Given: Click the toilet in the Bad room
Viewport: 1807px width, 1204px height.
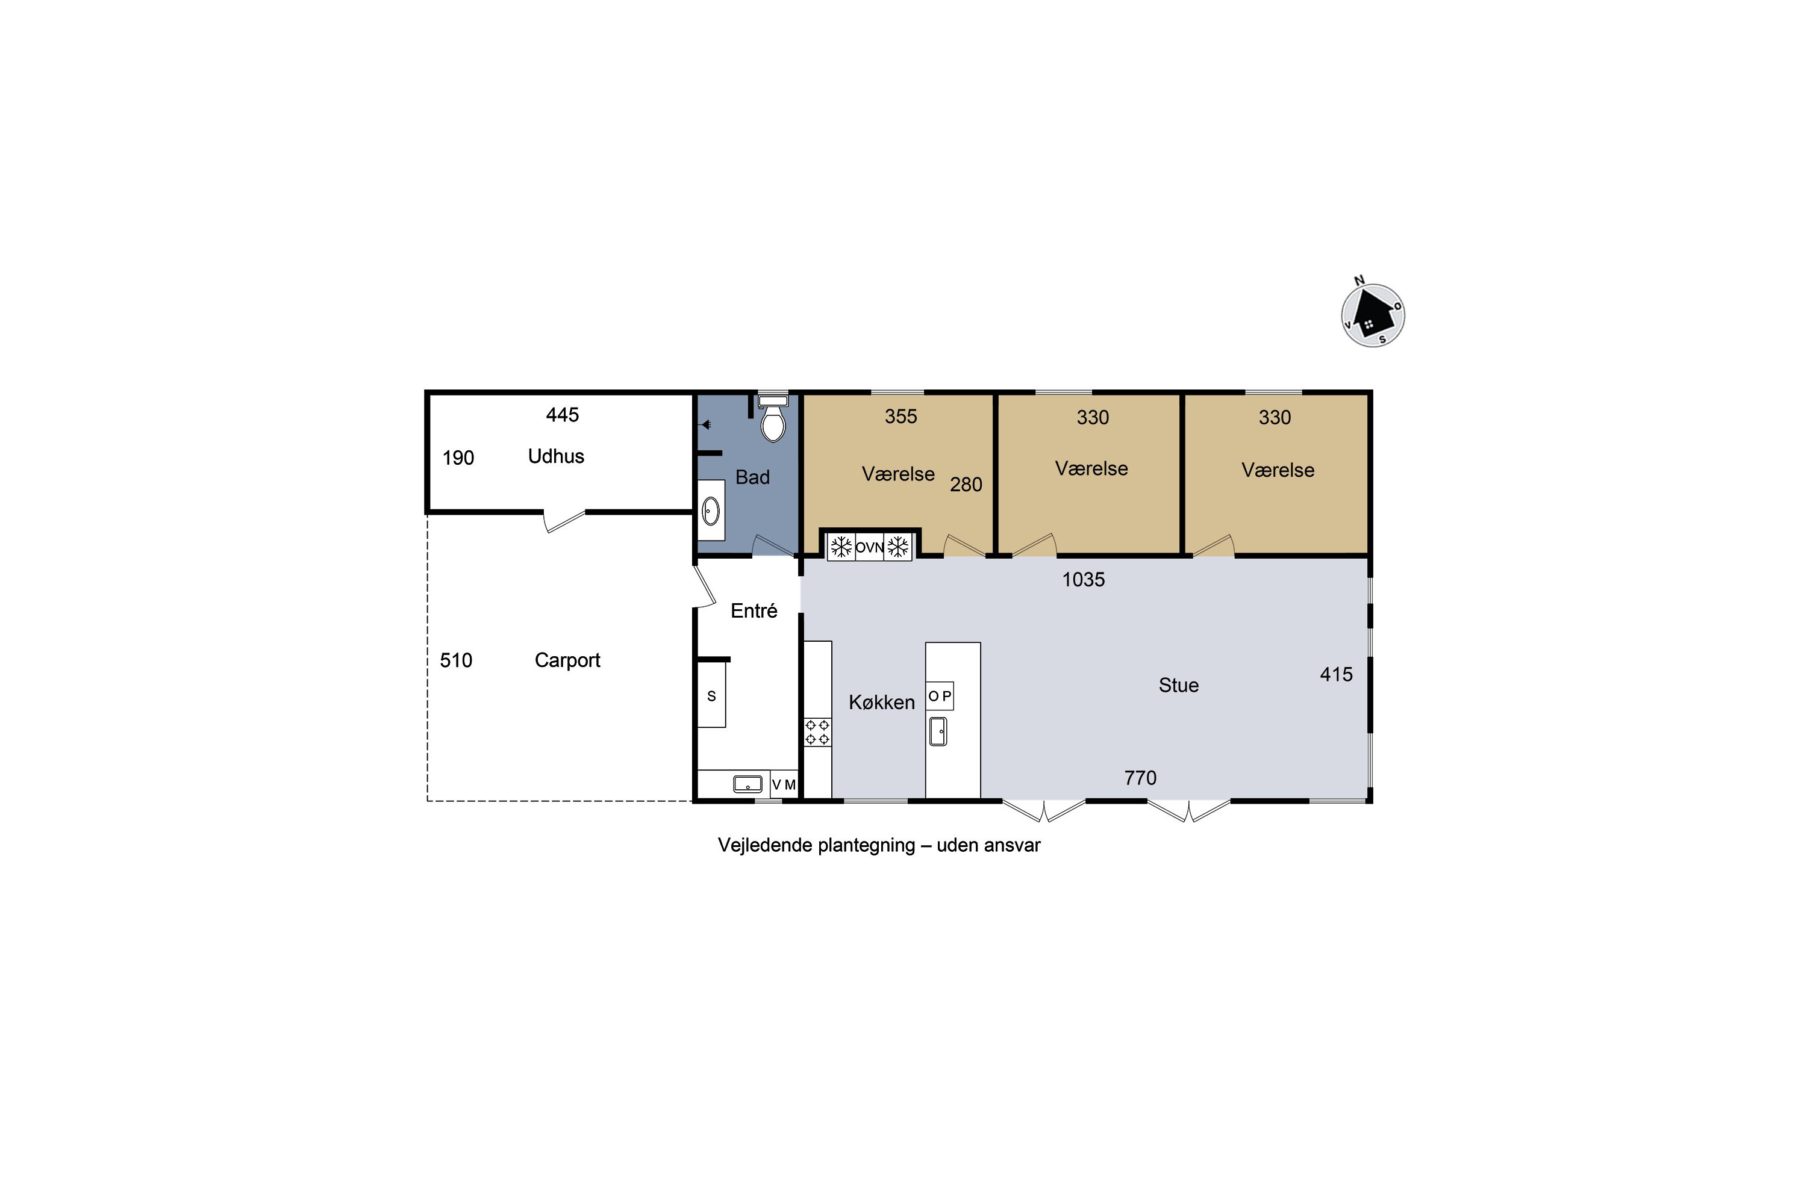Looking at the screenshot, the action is tap(773, 419).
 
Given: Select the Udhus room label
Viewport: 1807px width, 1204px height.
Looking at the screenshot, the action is tap(556, 456).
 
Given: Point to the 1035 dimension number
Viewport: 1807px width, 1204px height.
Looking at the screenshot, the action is tap(1083, 580).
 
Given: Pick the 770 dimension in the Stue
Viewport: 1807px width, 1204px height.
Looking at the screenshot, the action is tap(1140, 778).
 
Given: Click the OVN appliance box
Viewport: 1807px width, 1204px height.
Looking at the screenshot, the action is tap(870, 547).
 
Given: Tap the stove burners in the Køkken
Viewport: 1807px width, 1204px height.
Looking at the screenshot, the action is tap(817, 732).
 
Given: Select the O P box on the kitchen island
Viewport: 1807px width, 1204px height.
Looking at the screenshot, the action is tap(940, 696).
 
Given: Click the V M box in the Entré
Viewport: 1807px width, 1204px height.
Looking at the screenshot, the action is tap(784, 785).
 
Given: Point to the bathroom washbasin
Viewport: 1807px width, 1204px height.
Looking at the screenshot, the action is tap(711, 510).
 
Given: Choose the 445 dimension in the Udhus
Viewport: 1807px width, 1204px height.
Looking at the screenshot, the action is tap(563, 415).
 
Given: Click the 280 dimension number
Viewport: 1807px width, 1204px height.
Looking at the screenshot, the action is tap(966, 485).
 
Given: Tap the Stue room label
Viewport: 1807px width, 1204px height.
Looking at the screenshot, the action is tap(1179, 686).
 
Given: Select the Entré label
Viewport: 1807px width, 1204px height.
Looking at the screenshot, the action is tap(754, 610).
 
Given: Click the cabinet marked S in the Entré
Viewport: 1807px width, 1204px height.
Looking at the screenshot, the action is tap(711, 695).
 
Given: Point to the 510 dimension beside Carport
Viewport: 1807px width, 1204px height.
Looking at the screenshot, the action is tap(455, 660).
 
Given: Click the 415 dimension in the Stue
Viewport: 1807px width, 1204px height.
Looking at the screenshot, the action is tap(1336, 674).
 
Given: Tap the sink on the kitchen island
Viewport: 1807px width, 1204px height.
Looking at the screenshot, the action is tap(938, 732).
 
